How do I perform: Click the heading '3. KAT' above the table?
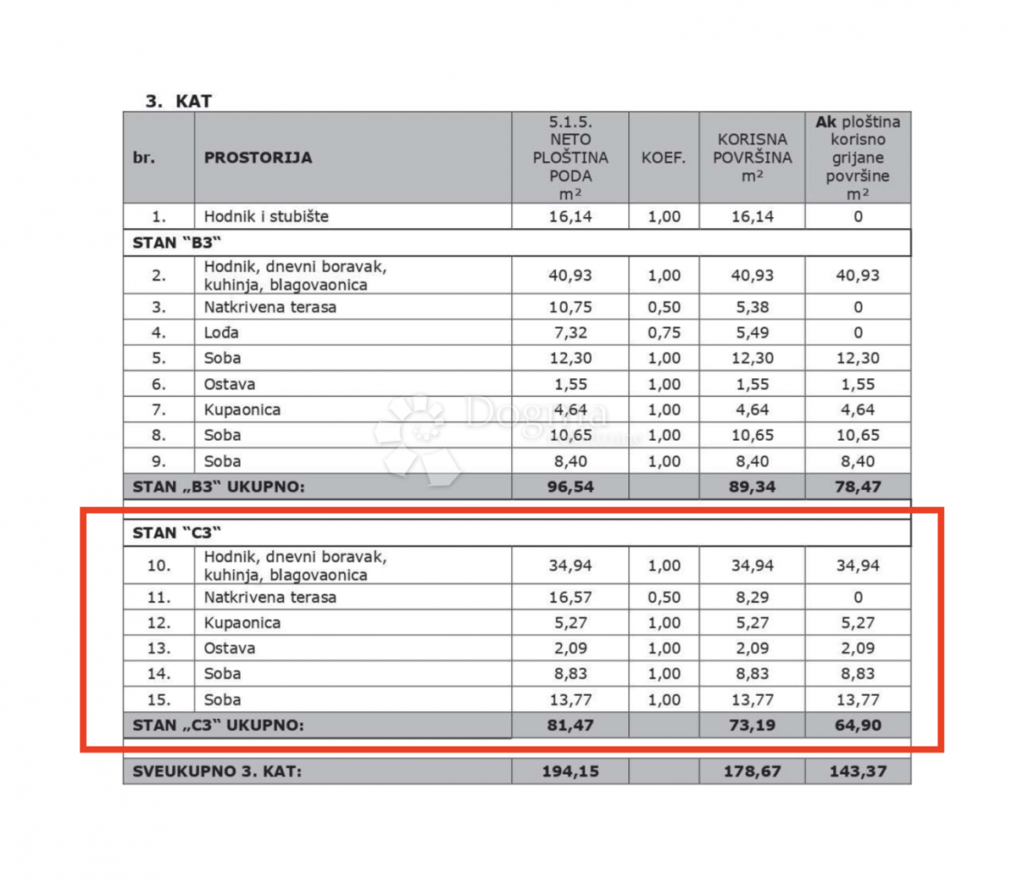[x=179, y=101]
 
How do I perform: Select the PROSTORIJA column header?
[x=258, y=158]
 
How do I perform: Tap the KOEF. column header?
[x=664, y=158]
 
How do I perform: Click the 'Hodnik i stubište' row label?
[x=266, y=216]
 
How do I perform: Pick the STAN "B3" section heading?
[x=173, y=242]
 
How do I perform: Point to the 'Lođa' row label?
[x=221, y=332]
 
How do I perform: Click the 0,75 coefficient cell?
[x=664, y=332]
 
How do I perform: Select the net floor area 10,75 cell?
[x=570, y=307]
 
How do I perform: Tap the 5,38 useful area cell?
[x=752, y=307]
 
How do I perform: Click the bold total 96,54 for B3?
[x=570, y=487]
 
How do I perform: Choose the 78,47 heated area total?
[x=858, y=487]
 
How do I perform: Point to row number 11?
[x=158, y=597]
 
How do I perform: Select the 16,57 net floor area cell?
[x=570, y=597]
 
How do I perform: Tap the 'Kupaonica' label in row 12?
[x=242, y=622]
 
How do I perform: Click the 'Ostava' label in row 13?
[x=230, y=648]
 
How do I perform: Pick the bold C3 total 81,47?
[x=570, y=725]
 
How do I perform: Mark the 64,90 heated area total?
[x=858, y=725]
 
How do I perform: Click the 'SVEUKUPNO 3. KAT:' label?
[x=217, y=771]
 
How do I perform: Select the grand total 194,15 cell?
[x=570, y=771]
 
